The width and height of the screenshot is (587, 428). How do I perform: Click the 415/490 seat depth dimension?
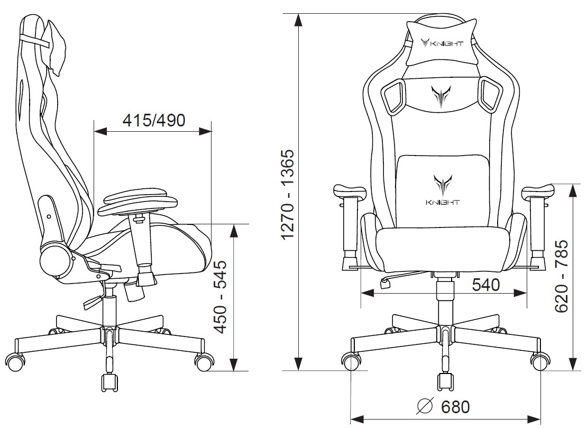[x=154, y=120]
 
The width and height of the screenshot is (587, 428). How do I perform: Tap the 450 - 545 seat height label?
[x=221, y=297]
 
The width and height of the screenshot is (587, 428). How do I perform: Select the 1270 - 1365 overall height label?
[x=290, y=194]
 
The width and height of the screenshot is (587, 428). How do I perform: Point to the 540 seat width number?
[x=485, y=285]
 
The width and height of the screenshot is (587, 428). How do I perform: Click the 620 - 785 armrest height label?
[x=561, y=276]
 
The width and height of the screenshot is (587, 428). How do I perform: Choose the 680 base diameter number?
[x=455, y=407]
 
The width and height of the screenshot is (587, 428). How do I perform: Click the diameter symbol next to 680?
[x=425, y=406]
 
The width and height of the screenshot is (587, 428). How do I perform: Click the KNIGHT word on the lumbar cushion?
[x=443, y=203]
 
